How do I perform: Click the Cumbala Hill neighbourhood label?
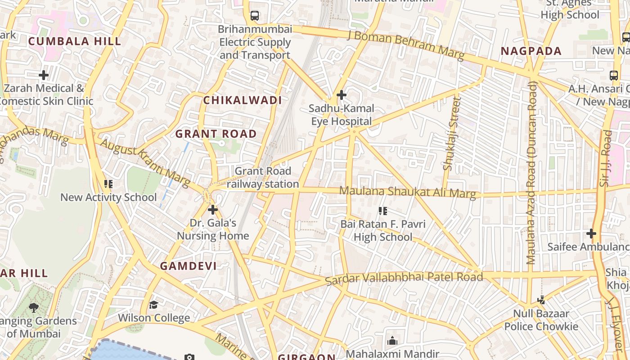[x=75, y=41]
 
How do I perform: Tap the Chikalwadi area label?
[x=243, y=100]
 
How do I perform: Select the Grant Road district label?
[x=216, y=134]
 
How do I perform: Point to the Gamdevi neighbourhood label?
[x=189, y=266]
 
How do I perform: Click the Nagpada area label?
[x=531, y=51]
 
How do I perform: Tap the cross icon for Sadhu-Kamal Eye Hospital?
[x=342, y=95]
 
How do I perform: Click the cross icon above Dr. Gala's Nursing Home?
[x=213, y=210]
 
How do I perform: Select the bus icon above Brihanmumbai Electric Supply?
[x=255, y=16]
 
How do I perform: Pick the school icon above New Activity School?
[x=108, y=184]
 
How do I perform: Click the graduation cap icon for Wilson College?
[x=154, y=305]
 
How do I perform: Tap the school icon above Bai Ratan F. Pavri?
[x=383, y=211]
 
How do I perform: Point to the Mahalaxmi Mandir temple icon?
[x=392, y=341]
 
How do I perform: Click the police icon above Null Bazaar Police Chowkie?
[x=541, y=300]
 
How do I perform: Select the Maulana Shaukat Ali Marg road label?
[x=407, y=192]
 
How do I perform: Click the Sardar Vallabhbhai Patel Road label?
[x=404, y=278]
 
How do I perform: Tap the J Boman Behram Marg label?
[x=406, y=45]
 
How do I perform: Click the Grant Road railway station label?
[x=263, y=177]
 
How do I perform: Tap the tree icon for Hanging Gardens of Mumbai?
[x=33, y=308]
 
